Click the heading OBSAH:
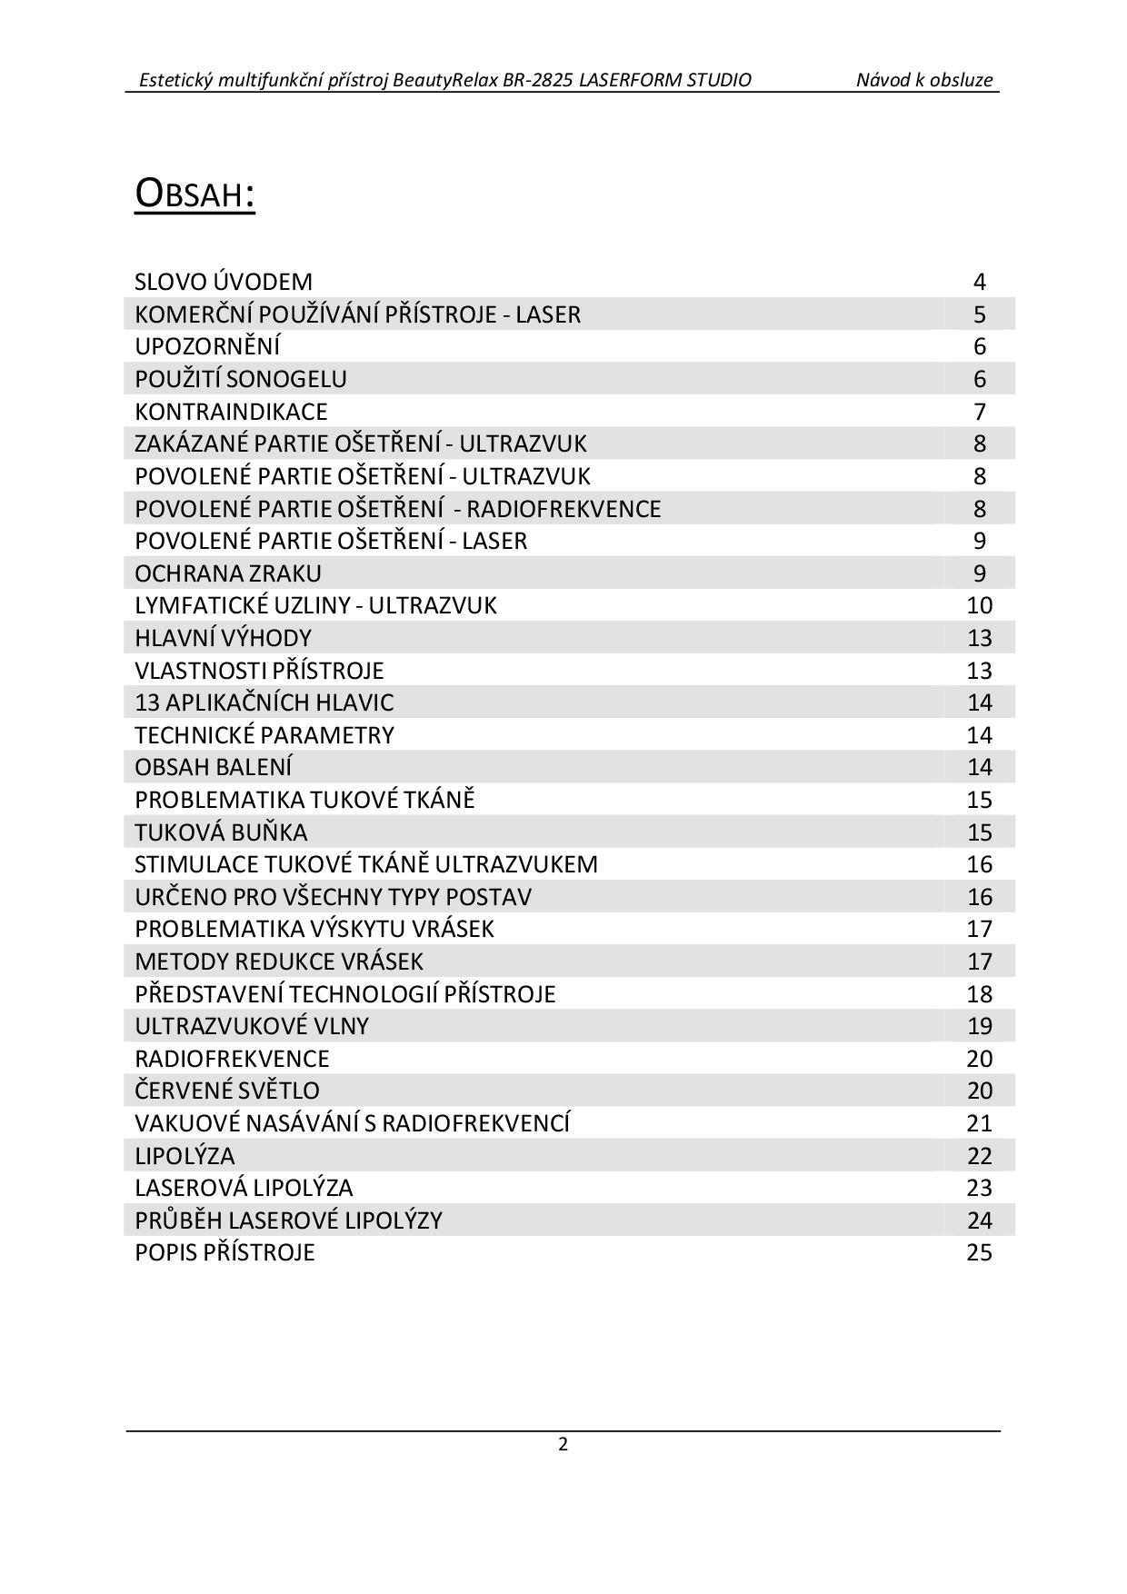(194, 193)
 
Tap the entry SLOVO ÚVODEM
(224, 282)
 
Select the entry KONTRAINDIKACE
(231, 412)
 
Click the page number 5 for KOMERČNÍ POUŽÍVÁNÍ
(979, 314)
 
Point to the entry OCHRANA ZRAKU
(228, 573)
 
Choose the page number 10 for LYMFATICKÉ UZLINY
(979, 605)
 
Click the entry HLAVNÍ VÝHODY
(223, 638)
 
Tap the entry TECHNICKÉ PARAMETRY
(264, 735)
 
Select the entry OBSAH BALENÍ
(214, 767)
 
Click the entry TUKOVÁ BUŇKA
(221, 832)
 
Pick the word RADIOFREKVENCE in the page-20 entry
(232, 1059)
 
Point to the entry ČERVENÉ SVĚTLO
(227, 1091)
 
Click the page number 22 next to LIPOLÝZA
(979, 1156)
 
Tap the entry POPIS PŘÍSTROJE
(224, 1252)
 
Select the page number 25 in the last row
(979, 1252)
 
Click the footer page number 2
(563, 1444)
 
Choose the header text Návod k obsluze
(924, 80)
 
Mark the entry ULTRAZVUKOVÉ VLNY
(252, 1026)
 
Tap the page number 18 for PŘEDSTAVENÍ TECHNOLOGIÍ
(979, 994)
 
